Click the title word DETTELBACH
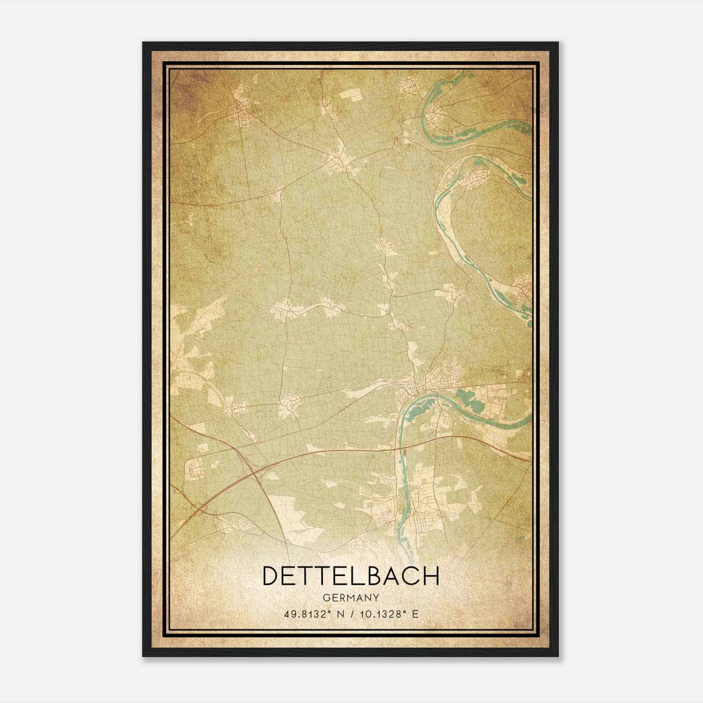click(x=351, y=576)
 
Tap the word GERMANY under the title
click(x=351, y=598)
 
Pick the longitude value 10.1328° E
click(x=389, y=614)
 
